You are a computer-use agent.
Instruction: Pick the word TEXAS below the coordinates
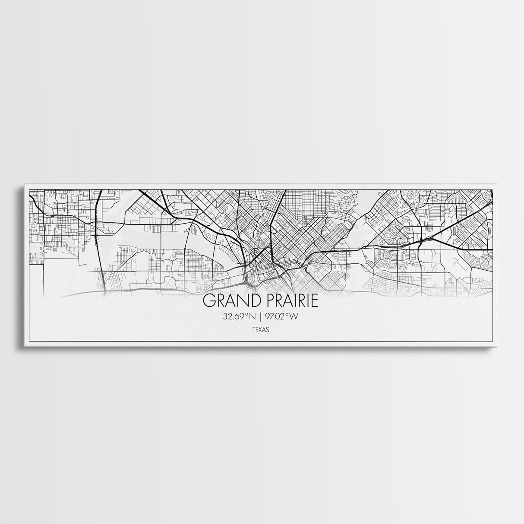point(261,330)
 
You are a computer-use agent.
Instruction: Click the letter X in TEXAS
point(261,330)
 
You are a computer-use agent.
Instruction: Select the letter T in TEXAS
point(254,330)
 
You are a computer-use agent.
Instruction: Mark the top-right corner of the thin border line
point(493,189)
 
